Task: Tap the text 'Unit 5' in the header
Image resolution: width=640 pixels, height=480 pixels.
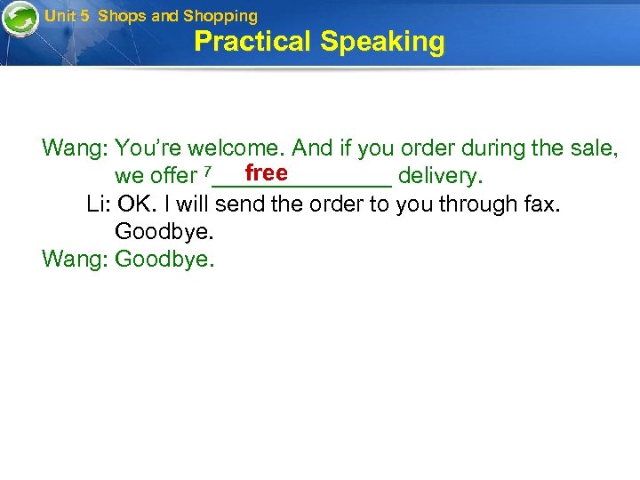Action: click(67, 16)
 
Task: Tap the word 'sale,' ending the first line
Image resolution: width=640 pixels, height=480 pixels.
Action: click(593, 148)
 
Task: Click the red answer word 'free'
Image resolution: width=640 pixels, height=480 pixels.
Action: click(266, 172)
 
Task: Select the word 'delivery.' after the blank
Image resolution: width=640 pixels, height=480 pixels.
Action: click(441, 176)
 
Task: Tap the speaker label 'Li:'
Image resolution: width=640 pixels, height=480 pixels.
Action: click(99, 204)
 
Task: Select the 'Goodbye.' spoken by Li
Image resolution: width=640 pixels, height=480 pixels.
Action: click(164, 232)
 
